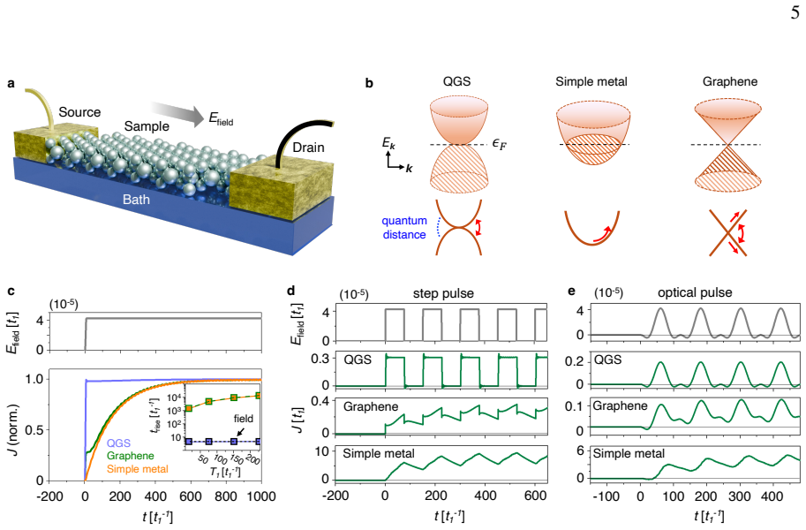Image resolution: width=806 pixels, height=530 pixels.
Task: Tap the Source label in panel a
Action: point(79,112)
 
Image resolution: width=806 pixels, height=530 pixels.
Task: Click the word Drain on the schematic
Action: point(308,148)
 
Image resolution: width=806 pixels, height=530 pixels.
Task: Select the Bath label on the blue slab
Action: point(136,199)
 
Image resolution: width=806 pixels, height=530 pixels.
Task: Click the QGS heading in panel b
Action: point(456,81)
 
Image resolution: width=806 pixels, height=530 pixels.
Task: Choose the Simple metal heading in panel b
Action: point(591,81)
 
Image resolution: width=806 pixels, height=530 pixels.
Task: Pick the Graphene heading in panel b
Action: point(730,81)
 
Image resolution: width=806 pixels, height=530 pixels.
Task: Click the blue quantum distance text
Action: point(404,227)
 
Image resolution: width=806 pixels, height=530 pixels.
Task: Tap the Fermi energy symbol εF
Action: point(499,144)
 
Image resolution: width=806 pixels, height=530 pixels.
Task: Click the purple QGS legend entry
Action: point(119,443)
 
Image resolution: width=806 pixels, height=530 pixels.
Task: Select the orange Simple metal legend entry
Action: point(137,469)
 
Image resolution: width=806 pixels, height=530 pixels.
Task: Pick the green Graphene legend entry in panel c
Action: point(130,456)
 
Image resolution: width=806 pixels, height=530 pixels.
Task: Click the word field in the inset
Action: point(243,419)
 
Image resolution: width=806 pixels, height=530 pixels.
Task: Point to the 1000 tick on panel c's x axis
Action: point(261,496)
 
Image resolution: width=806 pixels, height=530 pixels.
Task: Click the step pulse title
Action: point(443,294)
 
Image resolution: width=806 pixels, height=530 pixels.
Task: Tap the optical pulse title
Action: point(695,292)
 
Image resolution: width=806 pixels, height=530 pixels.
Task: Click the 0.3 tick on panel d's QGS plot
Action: point(320,359)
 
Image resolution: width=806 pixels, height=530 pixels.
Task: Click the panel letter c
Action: point(11,291)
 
